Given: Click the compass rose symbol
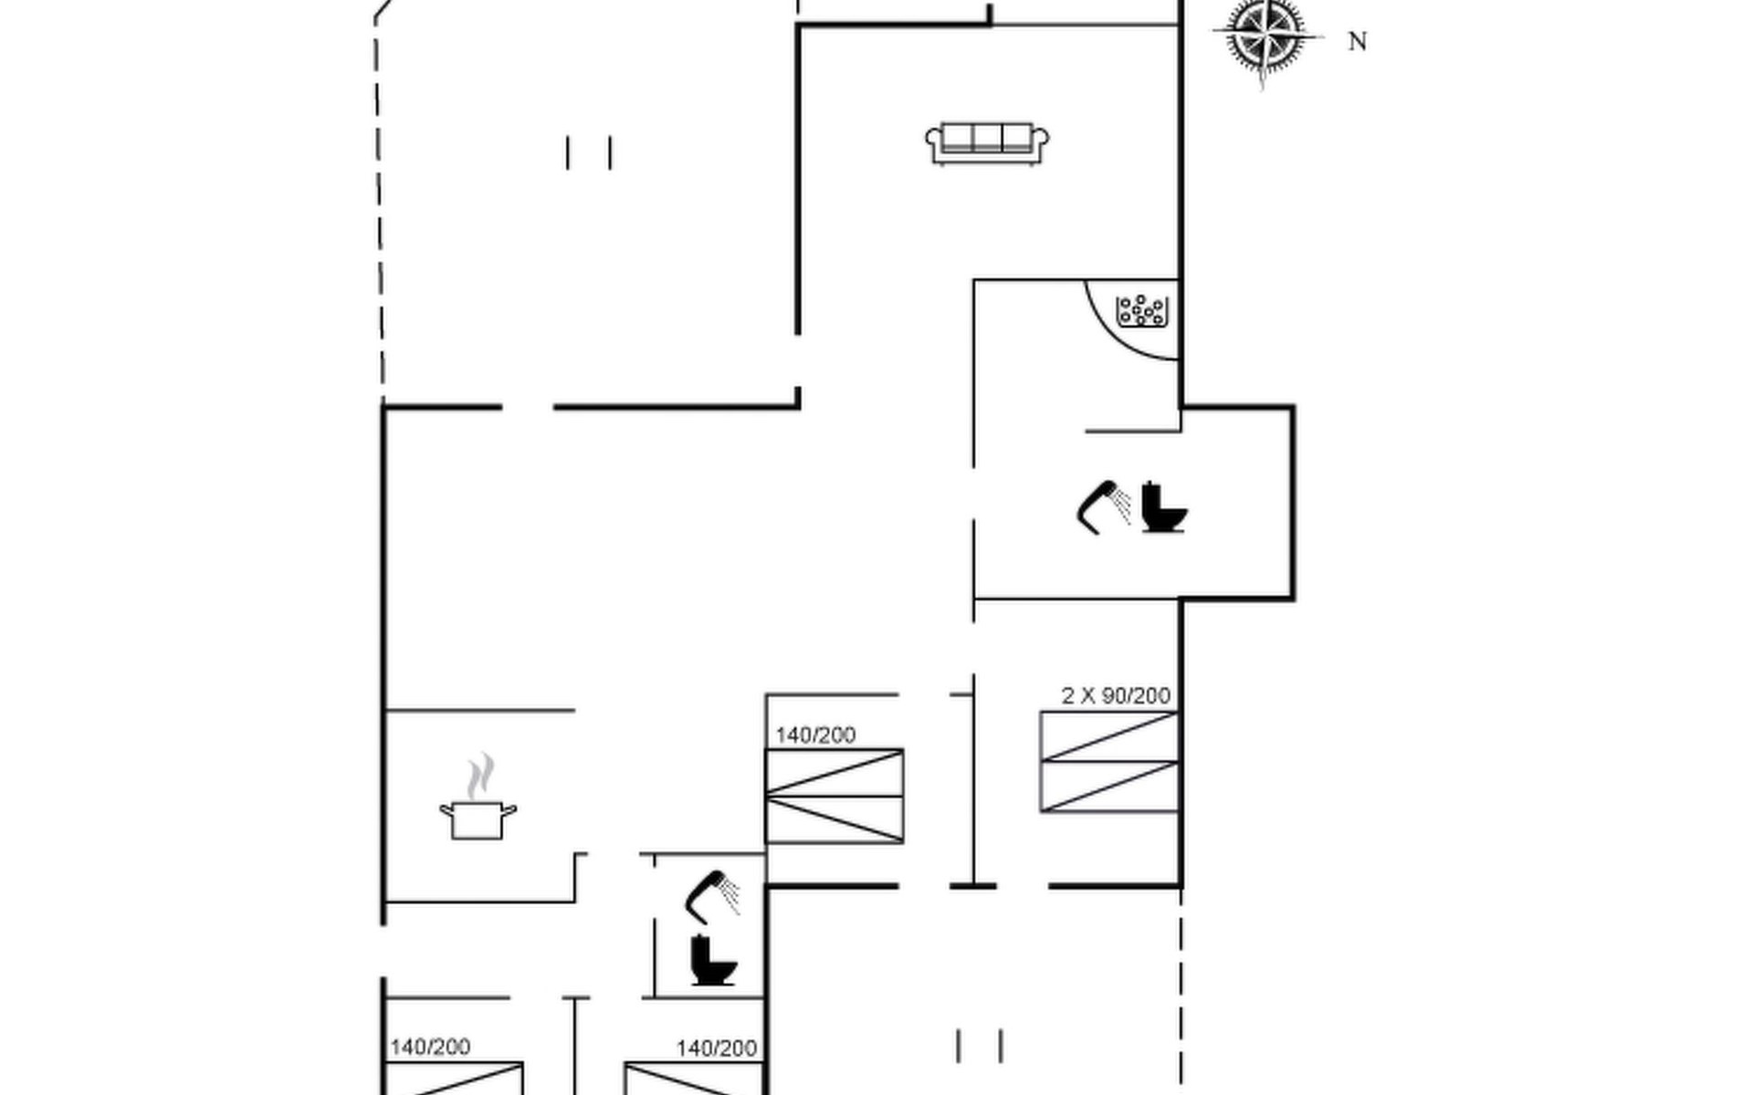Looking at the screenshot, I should [x=1265, y=37].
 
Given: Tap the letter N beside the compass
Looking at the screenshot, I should [x=1357, y=42].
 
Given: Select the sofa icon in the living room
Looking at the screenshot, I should [x=987, y=143].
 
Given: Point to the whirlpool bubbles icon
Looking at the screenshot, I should [x=1140, y=310].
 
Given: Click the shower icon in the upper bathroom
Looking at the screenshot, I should [x=1103, y=506].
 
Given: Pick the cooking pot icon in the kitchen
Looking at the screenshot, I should [x=478, y=819].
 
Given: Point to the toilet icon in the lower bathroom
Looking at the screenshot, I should [x=712, y=960].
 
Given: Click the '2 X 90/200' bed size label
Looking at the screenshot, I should [x=1116, y=696].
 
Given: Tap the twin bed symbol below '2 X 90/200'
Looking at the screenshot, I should [x=1109, y=762].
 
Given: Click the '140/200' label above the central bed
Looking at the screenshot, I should [x=815, y=735].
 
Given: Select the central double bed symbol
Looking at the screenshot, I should [x=835, y=796].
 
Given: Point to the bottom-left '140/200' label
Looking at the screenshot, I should [x=430, y=1048].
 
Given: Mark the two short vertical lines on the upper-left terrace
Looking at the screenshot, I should [x=589, y=152].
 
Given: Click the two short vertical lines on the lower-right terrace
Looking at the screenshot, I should [x=980, y=1046].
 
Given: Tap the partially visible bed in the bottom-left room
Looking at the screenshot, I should [x=455, y=1079].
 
